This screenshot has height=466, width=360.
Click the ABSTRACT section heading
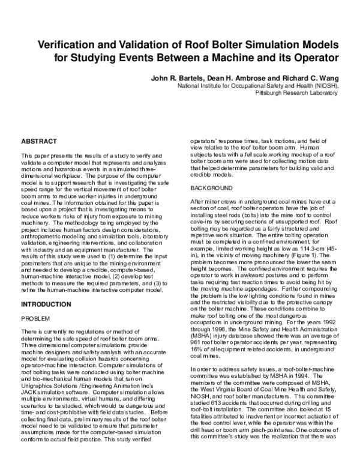click(x=40, y=141)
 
